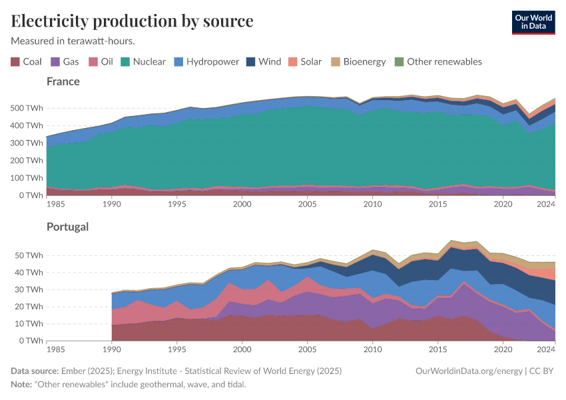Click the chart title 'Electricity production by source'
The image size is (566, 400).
point(132,21)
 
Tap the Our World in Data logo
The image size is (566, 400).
point(533,21)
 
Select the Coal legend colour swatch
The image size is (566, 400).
point(15,62)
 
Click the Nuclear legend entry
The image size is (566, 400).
point(142,62)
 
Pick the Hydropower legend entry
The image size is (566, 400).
point(206,62)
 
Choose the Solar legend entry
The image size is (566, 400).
point(304,62)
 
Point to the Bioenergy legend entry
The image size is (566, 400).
point(358,62)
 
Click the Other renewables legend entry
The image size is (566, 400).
point(437,62)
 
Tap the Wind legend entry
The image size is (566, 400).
point(263,62)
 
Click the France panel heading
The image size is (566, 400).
point(63,81)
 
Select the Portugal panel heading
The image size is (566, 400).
point(67,227)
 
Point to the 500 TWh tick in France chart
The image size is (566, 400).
point(26,108)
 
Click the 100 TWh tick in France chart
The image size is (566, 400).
point(26,178)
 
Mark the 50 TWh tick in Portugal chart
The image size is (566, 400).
point(29,255)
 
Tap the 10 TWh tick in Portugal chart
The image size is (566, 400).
point(29,323)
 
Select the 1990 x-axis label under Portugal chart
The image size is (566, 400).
point(111,349)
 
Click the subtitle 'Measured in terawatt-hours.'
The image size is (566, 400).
point(73,41)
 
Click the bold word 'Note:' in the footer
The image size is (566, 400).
point(22,385)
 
